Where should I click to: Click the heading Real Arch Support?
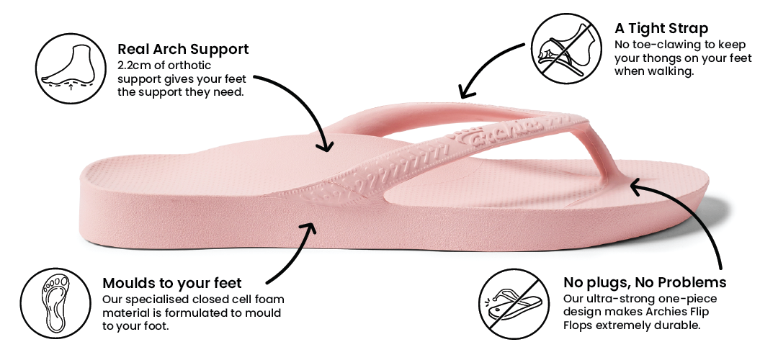pyautogui.click(x=183, y=50)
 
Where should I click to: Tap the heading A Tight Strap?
pyautogui.click(x=661, y=29)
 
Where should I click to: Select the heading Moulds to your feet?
pyautogui.click(x=172, y=283)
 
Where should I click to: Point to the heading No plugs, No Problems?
pyautogui.click(x=644, y=282)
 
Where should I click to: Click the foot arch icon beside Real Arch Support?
pyautogui.click(x=67, y=67)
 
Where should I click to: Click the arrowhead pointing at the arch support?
pyautogui.click(x=326, y=145)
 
